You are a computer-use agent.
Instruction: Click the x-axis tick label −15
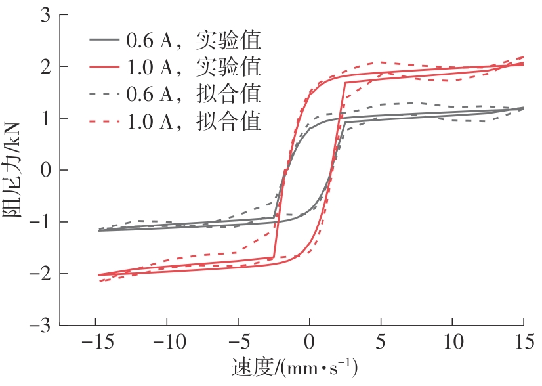tap(96, 342)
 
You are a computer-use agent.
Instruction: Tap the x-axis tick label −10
tap(167, 342)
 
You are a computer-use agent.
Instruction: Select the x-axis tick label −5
tap(238, 342)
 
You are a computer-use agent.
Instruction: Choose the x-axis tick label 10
tap(452, 342)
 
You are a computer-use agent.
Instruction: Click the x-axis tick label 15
tap(523, 342)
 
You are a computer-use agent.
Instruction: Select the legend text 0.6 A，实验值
tap(194, 41)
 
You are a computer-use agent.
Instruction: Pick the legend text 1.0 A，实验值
tap(194, 67)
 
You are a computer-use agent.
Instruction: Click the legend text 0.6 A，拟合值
tap(194, 94)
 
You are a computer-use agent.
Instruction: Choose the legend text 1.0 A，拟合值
tap(194, 121)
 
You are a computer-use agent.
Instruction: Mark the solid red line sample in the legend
tap(104, 67)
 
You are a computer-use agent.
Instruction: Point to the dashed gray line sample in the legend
tap(104, 94)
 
